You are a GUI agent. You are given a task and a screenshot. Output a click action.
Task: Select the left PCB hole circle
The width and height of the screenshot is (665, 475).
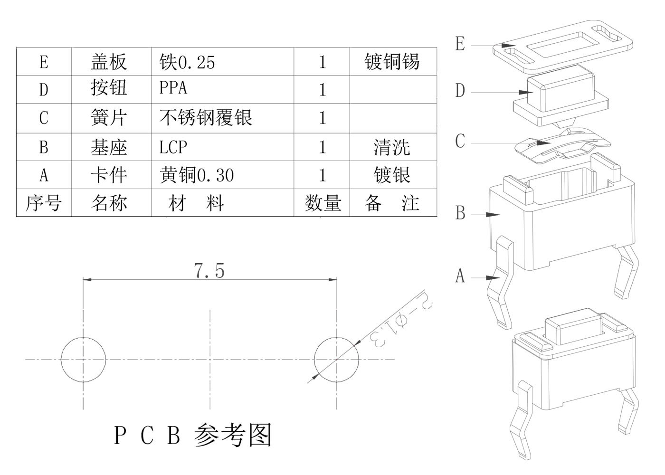tap(83, 360)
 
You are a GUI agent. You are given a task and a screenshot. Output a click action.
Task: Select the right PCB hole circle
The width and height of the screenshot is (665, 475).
tap(336, 360)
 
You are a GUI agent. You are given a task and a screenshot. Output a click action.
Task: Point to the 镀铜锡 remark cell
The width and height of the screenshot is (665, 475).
tap(392, 62)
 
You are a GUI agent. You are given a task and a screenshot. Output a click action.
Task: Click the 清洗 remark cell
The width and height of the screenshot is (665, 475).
tap(392, 147)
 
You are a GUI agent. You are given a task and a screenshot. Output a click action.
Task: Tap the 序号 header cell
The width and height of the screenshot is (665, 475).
tap(43, 203)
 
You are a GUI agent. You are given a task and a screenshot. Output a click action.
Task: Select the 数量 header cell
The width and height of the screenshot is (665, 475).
tap(323, 203)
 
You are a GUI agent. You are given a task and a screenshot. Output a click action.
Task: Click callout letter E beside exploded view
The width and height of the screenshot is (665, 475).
tap(460, 44)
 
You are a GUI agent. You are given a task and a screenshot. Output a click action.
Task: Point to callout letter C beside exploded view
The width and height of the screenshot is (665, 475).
tap(460, 141)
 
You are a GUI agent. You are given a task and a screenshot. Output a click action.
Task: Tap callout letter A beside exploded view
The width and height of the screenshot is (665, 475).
tap(460, 275)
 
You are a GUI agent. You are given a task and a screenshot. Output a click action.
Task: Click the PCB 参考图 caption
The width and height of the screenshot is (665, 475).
tap(192, 435)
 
